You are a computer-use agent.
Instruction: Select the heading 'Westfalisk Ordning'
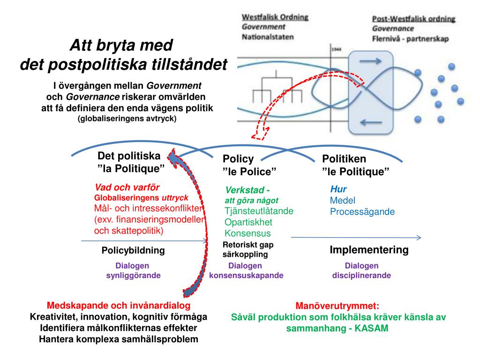[275, 17]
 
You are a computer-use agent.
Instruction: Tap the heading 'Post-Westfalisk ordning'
[413, 19]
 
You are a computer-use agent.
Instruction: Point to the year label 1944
[336, 49]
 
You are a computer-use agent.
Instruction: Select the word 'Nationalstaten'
[268, 37]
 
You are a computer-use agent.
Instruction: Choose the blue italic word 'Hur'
[338, 189]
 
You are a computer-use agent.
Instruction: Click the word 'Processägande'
[362, 212]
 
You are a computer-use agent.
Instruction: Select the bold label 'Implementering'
[369, 250]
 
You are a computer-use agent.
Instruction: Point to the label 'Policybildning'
[133, 250]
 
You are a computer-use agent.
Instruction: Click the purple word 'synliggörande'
[133, 276]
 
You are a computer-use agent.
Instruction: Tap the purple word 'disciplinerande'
[361, 276]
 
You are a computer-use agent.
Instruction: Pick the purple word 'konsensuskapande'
[246, 276]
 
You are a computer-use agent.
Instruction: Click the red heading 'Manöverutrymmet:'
[337, 306]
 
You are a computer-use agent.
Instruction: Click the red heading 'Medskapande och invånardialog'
[119, 306]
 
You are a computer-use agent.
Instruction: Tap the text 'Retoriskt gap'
[248, 244]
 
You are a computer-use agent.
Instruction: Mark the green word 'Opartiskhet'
[248, 222]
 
